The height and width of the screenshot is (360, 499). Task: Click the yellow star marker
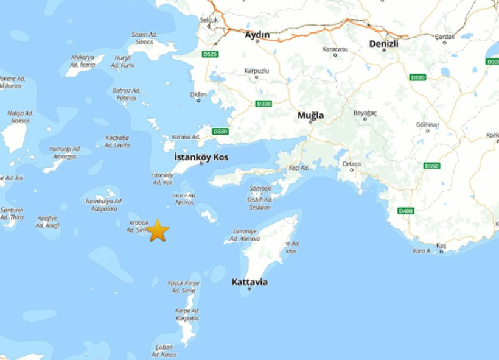158,231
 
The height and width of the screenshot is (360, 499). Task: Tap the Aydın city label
257,35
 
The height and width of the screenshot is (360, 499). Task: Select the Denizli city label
383,44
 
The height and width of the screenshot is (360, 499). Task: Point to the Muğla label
310,115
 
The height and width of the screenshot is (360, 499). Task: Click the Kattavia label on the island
249,282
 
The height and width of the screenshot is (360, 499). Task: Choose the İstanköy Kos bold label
201,157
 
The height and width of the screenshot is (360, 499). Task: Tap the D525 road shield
210,54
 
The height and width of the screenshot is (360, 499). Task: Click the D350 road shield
431,166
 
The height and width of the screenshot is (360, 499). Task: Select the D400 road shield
405,210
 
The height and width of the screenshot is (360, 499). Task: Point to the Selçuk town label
209,19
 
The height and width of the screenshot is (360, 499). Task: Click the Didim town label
198,94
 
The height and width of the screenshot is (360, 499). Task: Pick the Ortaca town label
351,164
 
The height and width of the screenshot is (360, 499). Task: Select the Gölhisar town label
427,124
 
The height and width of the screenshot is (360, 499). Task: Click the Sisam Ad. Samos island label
144,38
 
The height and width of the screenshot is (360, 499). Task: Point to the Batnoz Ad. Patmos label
126,94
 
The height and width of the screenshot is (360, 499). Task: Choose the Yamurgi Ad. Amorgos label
65,152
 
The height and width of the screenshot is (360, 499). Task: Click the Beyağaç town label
365,113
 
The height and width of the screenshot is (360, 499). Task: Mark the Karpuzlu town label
256,71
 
